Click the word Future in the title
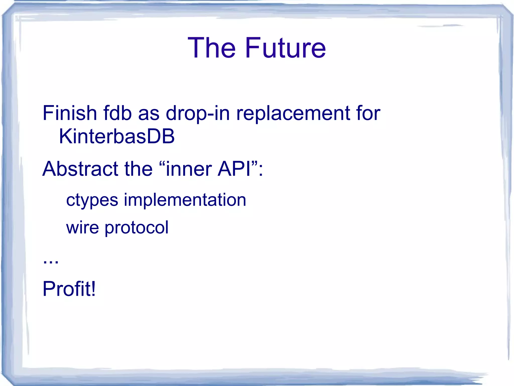[x=285, y=48]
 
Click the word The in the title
[x=212, y=48]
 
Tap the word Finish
[x=70, y=113]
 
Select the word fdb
[x=117, y=113]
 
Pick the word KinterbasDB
[x=117, y=136]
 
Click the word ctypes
[x=92, y=200]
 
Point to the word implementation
[x=185, y=200]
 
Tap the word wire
[x=83, y=227]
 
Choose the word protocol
[x=137, y=228]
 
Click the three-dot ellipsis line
[x=51, y=262]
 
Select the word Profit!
[x=69, y=289]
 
